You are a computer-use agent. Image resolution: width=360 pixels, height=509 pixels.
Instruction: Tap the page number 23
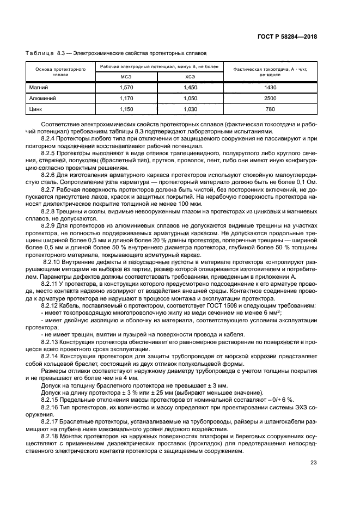click(314, 463)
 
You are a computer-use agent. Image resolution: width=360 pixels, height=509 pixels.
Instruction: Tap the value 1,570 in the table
click(126, 87)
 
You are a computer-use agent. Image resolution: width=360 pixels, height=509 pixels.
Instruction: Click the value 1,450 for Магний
click(190, 87)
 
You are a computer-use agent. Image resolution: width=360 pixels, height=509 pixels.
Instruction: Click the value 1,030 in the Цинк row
click(190, 109)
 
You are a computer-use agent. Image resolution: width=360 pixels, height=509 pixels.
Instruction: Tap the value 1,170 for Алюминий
click(126, 99)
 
